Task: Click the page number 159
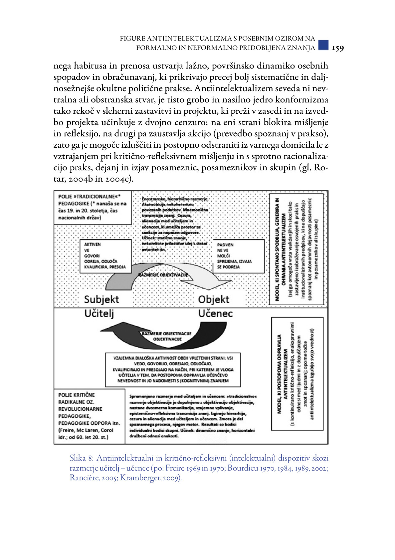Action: click(x=338, y=49)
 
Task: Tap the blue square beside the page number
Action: click(x=323, y=45)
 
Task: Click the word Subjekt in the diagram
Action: click(x=101, y=299)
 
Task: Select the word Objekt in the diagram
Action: click(x=214, y=299)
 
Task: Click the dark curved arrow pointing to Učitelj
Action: click(x=133, y=336)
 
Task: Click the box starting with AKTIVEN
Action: click(x=105, y=256)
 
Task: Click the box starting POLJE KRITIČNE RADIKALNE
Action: click(x=89, y=416)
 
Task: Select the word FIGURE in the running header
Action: click(x=132, y=39)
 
